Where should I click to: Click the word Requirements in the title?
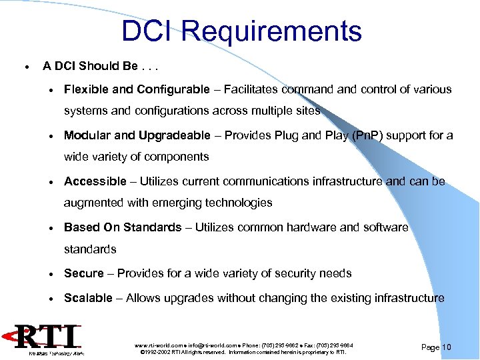tap(271, 31)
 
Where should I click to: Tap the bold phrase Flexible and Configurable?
tap(137, 89)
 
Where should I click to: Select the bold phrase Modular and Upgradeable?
tap(137, 135)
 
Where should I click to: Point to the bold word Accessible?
tap(95, 181)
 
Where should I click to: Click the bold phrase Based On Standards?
tap(123, 227)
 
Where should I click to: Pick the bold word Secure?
tap(84, 273)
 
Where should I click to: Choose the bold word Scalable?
tap(88, 298)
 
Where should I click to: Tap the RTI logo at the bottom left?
tap(50, 339)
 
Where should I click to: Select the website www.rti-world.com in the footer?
tap(158, 345)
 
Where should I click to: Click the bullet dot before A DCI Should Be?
tap(25, 67)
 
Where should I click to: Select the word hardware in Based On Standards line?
tap(309, 227)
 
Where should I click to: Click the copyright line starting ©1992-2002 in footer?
tap(243, 352)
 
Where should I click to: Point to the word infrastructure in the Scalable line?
tap(406, 298)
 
